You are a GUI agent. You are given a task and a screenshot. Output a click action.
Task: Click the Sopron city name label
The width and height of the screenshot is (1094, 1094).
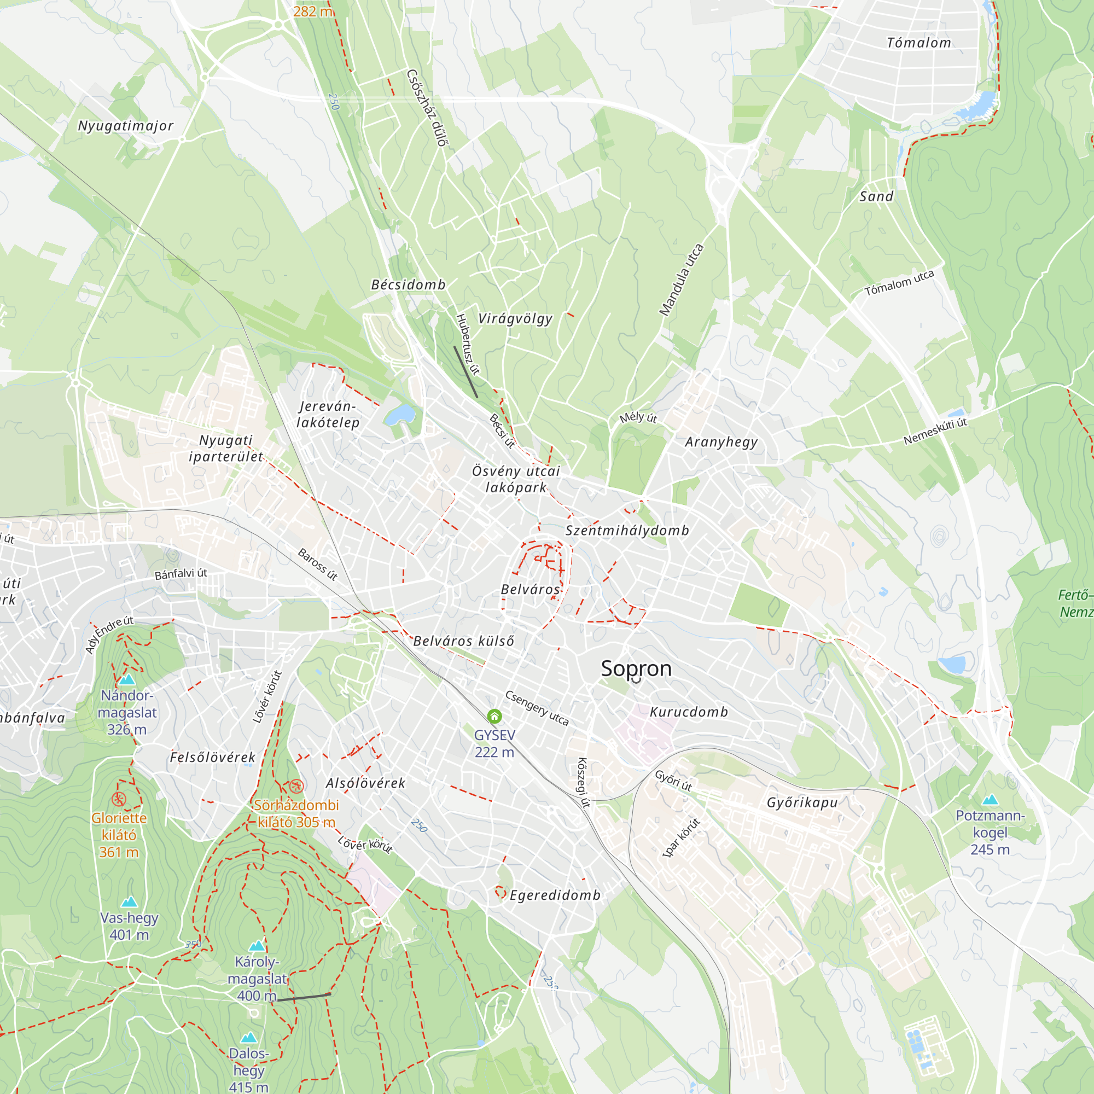coord(636,669)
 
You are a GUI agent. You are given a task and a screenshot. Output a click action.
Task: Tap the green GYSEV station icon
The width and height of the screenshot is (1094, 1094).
coord(494,717)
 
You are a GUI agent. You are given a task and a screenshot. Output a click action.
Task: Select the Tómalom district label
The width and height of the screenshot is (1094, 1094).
coord(918,43)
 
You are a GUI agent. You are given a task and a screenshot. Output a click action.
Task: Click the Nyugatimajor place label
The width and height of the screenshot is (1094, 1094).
coord(126,126)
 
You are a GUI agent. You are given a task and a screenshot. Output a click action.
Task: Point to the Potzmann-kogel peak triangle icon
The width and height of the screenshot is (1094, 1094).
coord(990,800)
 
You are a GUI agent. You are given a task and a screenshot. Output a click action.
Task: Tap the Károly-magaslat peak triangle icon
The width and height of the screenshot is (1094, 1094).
coord(257,946)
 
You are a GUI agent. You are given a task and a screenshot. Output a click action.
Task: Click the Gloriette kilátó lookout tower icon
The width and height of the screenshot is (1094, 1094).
coord(118,799)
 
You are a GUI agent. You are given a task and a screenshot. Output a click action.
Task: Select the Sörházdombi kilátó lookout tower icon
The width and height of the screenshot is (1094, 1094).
coord(296,786)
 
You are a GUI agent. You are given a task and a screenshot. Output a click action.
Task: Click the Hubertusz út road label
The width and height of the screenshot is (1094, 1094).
coord(467,344)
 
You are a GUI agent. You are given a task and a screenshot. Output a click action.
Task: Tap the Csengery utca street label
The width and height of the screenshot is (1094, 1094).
coord(536,708)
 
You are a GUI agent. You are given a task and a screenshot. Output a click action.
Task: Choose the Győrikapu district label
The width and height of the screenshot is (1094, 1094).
coord(802,802)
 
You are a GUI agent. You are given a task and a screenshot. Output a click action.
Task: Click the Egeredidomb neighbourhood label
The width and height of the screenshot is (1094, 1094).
coord(555,895)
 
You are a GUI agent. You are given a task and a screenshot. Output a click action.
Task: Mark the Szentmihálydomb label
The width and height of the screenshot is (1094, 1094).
coord(627,531)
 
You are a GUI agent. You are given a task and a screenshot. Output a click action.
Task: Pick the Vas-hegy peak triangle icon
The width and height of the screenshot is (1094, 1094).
coord(129,901)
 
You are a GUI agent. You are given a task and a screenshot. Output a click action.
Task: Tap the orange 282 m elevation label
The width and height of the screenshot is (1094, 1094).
coord(312,11)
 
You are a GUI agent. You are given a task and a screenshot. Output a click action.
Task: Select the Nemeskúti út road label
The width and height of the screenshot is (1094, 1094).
coord(935,432)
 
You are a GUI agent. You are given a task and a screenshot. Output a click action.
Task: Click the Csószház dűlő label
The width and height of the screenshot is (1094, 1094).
coord(428,108)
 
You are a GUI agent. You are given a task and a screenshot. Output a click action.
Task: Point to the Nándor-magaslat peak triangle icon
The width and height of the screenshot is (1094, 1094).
coord(127,679)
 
